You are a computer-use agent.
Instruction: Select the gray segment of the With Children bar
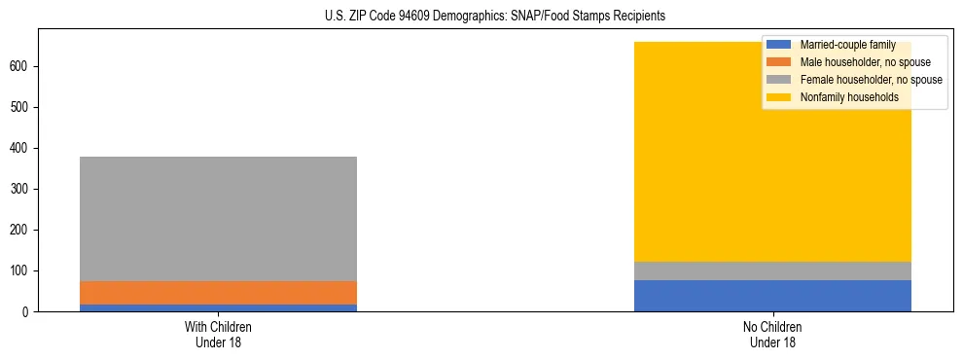[x=218, y=219]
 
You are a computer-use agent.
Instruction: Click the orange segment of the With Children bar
[x=218, y=293]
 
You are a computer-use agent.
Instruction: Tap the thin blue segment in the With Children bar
[x=218, y=307]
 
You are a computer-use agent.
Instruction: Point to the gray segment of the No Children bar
[x=772, y=270]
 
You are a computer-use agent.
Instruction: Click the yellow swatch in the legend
[x=779, y=97]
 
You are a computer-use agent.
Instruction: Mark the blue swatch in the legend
[x=779, y=45]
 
